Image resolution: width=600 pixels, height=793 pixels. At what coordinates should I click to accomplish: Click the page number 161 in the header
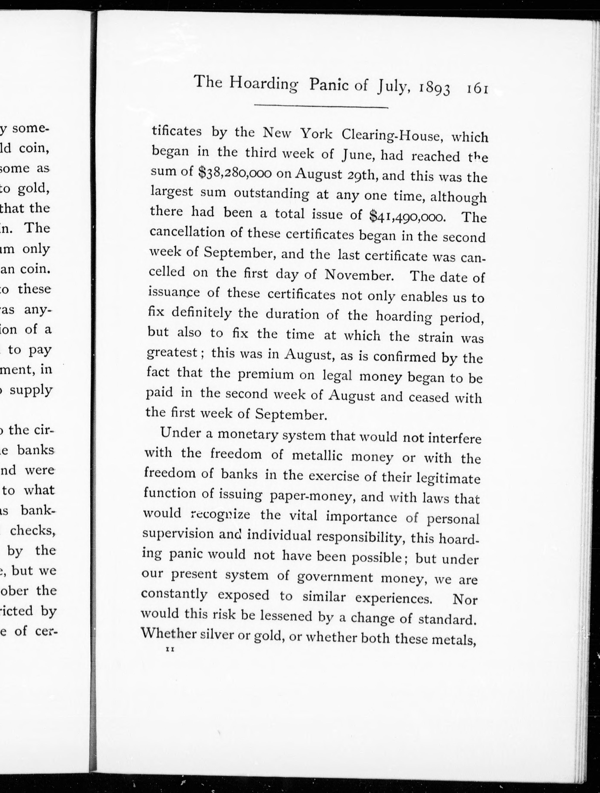tap(477, 88)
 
